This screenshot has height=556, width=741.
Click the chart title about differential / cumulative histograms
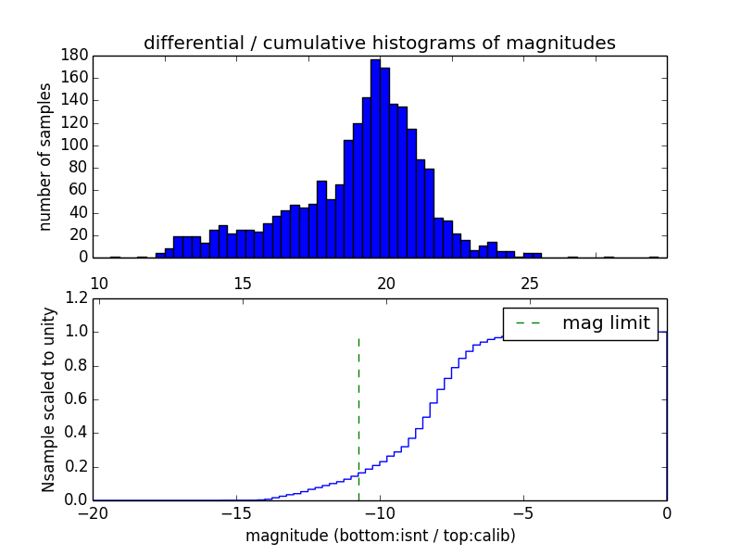point(379,43)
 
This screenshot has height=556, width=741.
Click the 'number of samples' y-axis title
point(45,157)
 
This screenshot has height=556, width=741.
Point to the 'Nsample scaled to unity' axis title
point(48,398)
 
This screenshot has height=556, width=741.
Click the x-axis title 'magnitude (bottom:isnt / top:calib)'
point(380,536)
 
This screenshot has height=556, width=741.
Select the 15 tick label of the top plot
point(243,283)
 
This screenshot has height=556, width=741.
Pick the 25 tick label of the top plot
point(530,283)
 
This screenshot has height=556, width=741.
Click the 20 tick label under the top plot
point(386,283)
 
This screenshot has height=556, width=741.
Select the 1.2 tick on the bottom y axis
point(77,298)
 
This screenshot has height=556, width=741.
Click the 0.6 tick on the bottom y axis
point(77,399)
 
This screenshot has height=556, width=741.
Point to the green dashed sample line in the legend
point(528,323)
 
